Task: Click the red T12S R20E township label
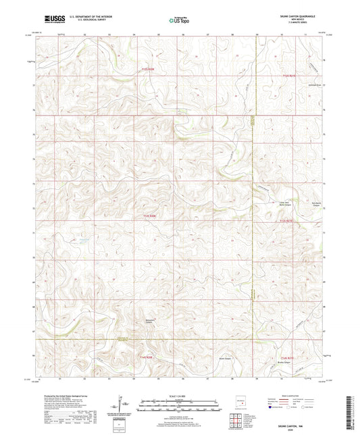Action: point(148,68)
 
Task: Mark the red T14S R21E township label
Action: point(288,358)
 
